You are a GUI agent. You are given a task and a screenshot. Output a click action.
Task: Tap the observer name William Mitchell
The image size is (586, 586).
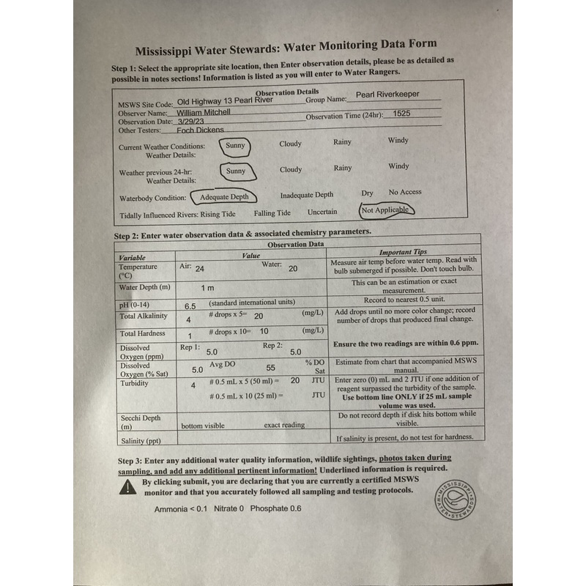pos(203,112)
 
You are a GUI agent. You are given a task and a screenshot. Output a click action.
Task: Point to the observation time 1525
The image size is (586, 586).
pos(401,114)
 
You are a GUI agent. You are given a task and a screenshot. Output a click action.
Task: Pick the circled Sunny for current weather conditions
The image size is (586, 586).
pos(234,145)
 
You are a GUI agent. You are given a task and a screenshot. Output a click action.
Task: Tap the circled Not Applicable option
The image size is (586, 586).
pos(387,209)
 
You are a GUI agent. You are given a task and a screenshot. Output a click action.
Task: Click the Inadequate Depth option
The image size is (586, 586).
pos(306,195)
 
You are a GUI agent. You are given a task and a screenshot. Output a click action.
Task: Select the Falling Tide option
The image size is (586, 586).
pos(272,213)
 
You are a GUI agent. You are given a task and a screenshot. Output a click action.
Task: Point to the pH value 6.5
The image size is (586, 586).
pos(190,306)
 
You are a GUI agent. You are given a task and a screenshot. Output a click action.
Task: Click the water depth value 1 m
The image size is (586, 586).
pos(207,288)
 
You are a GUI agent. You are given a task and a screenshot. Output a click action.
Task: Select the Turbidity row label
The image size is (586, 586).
pos(134,383)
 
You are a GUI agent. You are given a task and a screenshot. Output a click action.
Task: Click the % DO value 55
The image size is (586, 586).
pos(270,368)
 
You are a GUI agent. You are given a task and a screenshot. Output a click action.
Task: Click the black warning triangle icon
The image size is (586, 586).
pos(127,488)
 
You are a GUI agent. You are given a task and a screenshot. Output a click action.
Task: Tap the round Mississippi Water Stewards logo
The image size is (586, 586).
pos(454,499)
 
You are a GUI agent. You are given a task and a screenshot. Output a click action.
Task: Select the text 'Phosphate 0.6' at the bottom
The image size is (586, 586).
pos(275,508)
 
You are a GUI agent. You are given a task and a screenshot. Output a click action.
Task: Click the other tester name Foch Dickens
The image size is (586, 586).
pos(200,130)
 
